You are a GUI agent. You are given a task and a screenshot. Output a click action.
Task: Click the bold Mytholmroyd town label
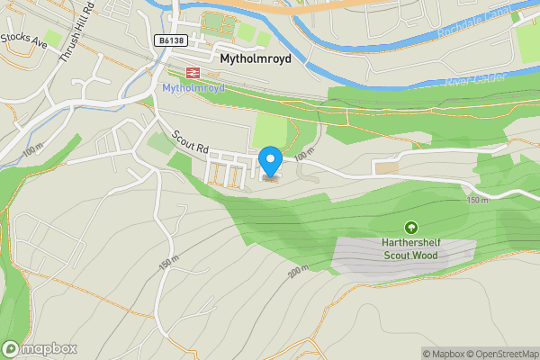261,56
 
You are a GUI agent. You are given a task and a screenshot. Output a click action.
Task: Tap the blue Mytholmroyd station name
192,87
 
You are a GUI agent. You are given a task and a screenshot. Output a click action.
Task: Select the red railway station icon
192,72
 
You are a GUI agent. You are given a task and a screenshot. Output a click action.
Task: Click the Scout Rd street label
192,141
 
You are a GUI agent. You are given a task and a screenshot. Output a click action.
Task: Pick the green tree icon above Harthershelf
411,229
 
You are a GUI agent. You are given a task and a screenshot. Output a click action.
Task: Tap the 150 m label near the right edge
479,199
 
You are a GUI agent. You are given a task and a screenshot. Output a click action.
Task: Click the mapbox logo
40,348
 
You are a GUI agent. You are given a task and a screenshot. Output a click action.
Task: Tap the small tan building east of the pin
387,167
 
